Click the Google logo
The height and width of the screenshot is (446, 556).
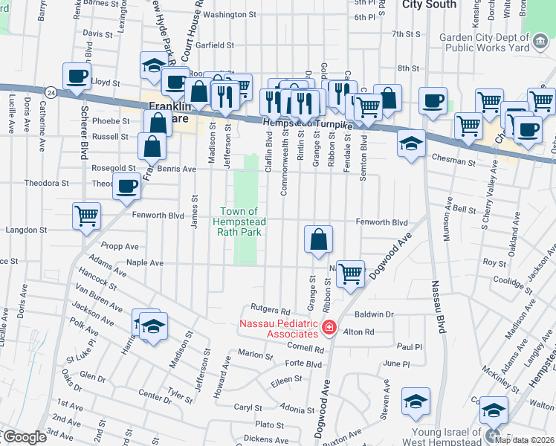click(x=24, y=437)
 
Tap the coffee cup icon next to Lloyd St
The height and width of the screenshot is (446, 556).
click(x=77, y=77)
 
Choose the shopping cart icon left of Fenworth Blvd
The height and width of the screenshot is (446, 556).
click(x=87, y=216)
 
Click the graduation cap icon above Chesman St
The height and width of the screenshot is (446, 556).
click(x=410, y=143)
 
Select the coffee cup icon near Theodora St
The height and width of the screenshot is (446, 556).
click(x=127, y=186)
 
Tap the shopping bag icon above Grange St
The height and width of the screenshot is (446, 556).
click(x=318, y=239)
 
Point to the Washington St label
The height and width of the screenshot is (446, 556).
click(x=230, y=14)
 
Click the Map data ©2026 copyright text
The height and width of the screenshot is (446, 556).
click(x=524, y=439)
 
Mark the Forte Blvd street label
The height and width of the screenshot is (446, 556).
click(x=303, y=364)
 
